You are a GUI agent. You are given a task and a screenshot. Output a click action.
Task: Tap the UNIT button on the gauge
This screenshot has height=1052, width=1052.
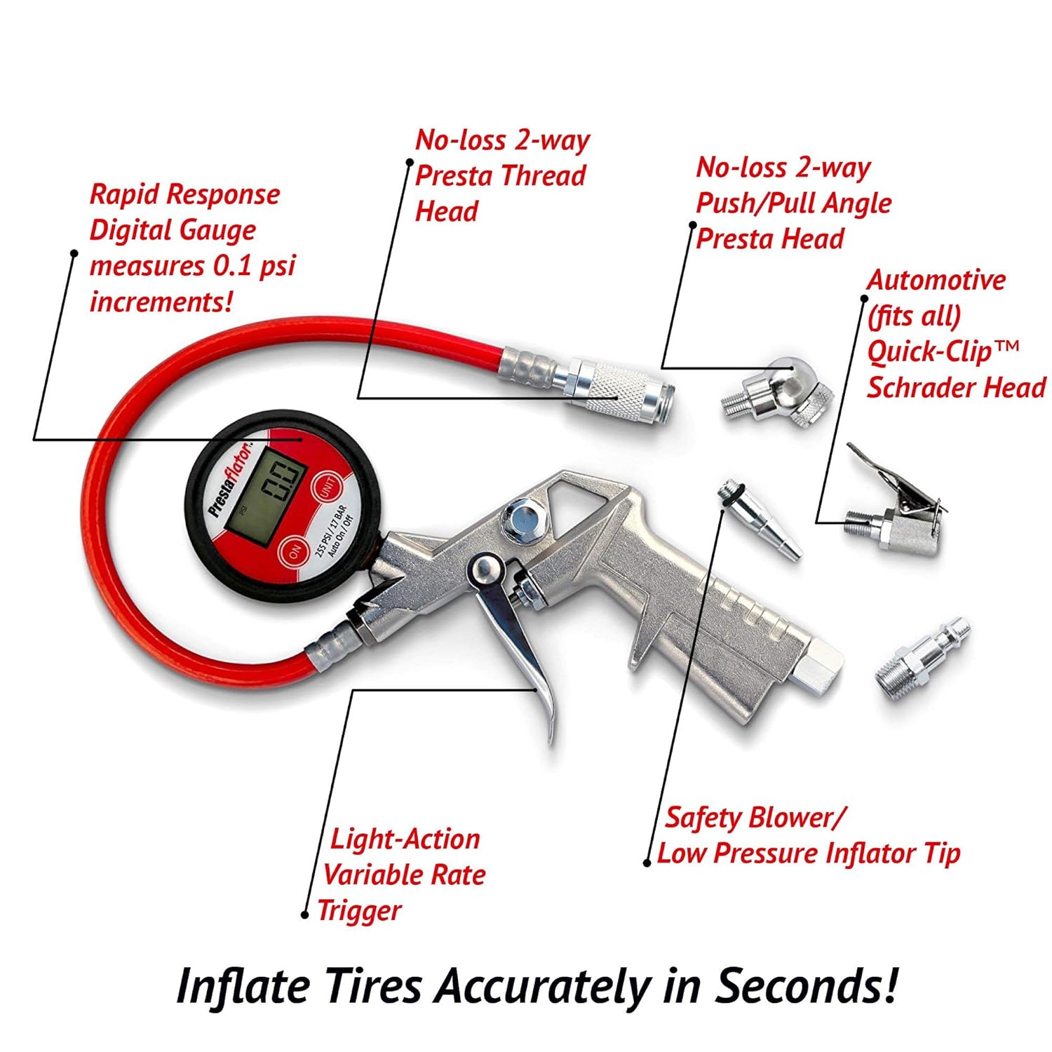pos(327,486)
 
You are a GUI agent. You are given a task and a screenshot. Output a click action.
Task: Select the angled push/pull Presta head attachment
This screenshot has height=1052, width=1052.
pos(782,396)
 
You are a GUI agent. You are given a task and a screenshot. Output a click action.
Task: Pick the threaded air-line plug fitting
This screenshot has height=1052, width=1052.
pos(922,656)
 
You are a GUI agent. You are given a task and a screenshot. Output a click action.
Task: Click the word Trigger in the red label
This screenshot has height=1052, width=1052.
pos(359,911)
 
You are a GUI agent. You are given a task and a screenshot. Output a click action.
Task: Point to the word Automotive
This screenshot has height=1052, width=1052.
pos(936,280)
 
